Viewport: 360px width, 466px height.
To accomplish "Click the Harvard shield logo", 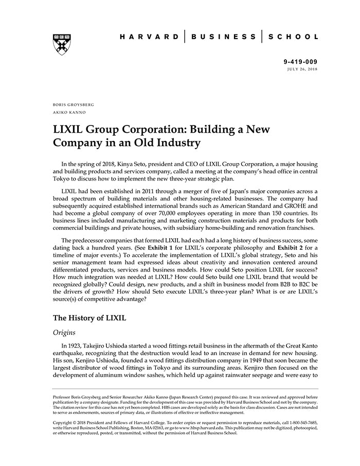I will (x=62, y=44).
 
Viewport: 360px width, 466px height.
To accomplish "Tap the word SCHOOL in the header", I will (x=294, y=37).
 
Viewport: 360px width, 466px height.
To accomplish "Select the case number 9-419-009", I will (x=300, y=62).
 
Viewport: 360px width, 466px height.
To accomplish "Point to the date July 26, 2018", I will (x=302, y=68).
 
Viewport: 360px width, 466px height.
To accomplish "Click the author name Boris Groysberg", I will (x=74, y=104).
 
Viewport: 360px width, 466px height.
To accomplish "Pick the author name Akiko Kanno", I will (x=69, y=112).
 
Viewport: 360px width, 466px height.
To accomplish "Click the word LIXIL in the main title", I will (x=71, y=130).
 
